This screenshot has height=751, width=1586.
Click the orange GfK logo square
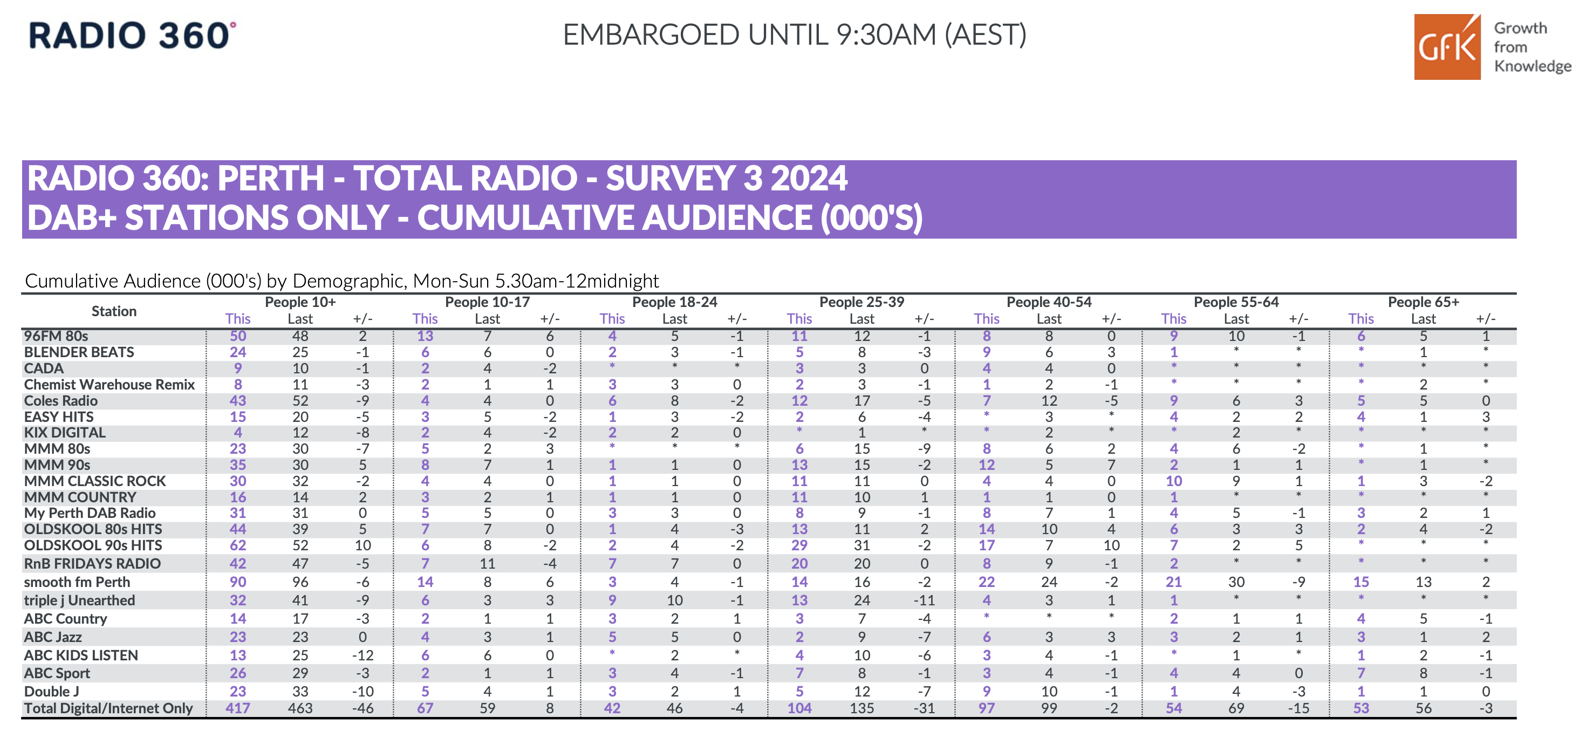(x=1446, y=47)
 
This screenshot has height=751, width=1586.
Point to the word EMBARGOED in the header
(x=650, y=35)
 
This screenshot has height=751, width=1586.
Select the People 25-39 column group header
(x=862, y=302)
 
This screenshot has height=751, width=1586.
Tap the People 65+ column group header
(x=1423, y=302)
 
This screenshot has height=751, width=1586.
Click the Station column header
(x=114, y=311)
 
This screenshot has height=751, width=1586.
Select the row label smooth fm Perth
(x=77, y=582)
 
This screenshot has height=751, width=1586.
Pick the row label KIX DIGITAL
(x=65, y=433)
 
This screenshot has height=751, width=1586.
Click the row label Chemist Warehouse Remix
(x=109, y=385)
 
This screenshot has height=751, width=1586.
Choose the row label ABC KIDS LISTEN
(x=81, y=656)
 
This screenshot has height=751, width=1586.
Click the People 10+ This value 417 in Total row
(x=238, y=708)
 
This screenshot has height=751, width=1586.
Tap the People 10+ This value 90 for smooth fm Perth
(x=238, y=582)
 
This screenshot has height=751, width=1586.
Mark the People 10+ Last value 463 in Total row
(x=300, y=708)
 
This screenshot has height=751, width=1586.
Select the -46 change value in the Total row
(x=363, y=708)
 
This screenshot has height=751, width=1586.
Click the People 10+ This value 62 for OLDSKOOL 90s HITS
(x=238, y=545)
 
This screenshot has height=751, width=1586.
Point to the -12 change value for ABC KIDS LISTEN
(x=363, y=656)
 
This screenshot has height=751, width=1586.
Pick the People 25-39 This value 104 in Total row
(x=799, y=708)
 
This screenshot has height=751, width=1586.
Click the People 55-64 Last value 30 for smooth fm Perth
(x=1236, y=582)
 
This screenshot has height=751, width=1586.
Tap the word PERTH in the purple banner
(x=270, y=179)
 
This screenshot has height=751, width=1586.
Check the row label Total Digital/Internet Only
(x=108, y=708)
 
